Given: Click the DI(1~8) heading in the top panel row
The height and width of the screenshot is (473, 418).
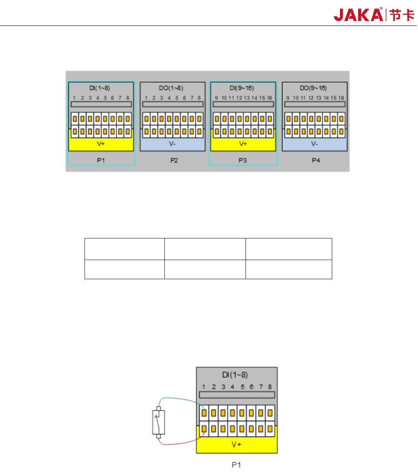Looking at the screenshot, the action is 101,88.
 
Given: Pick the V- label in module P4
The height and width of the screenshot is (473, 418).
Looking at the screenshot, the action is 314,144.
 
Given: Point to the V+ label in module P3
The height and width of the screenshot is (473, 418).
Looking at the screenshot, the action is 243,144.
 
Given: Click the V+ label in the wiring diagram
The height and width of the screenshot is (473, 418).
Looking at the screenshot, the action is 237,446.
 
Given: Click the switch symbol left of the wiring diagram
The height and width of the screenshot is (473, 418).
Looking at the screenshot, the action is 158,422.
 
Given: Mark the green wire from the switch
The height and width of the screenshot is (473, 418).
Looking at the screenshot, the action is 178,400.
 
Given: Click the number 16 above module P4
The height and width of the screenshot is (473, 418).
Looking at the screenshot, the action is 341,98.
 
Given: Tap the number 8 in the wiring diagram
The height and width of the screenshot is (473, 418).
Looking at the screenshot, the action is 270,387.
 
